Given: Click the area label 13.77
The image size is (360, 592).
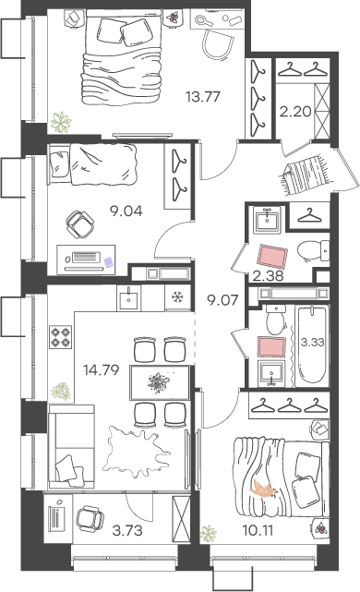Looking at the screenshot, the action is [x=203, y=97].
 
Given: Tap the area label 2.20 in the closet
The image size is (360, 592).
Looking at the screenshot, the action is [x=295, y=112].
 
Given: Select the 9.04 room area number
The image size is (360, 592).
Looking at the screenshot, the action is [x=126, y=211].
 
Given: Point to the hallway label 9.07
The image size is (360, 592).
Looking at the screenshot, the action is [x=222, y=300].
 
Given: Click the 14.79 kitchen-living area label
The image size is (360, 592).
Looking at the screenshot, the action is [x=102, y=370].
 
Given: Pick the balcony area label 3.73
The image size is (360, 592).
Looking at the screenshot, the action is [x=127, y=530].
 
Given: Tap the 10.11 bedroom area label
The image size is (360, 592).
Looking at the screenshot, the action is [x=258, y=530].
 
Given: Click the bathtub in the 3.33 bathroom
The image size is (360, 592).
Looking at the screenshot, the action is [x=312, y=344].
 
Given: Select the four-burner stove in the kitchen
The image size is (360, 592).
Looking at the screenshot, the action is [x=60, y=336].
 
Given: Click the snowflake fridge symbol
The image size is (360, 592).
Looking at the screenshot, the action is [x=176, y=297].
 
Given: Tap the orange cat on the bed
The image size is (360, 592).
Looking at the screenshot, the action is [x=264, y=488].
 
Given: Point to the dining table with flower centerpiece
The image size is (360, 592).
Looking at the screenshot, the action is [x=160, y=382].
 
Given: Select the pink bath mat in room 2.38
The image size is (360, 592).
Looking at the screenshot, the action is [x=272, y=256].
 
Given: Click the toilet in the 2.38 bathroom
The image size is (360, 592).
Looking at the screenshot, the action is [x=313, y=250].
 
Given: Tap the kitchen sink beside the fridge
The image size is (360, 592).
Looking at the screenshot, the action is [x=129, y=297].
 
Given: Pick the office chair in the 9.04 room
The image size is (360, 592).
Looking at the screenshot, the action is [x=80, y=224].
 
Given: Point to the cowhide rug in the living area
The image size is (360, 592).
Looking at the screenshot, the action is [x=137, y=452].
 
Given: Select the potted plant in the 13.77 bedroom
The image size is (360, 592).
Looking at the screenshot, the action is [x=61, y=122].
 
